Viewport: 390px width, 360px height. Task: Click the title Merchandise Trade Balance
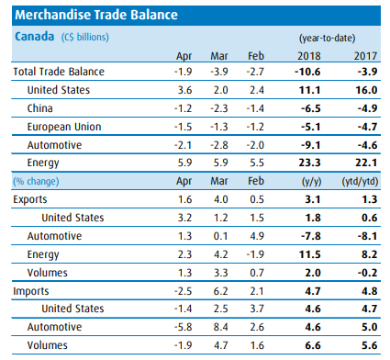coord(96,15)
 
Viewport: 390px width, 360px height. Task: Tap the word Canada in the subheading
coord(35,37)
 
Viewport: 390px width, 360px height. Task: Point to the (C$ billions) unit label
coord(85,38)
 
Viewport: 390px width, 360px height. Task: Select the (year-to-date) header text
coord(327,39)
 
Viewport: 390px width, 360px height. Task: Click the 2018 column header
coord(309,56)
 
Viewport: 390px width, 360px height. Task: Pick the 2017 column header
coord(365,56)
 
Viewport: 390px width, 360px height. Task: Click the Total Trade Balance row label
coord(59,72)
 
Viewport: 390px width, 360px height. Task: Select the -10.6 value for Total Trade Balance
coord(307,72)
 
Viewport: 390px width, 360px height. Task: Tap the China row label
coord(40,108)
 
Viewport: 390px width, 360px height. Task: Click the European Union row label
coord(64,127)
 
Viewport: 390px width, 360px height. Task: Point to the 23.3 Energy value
coord(309,163)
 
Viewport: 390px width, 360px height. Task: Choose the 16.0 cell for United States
coord(366,90)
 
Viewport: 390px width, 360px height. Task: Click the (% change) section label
coord(36,181)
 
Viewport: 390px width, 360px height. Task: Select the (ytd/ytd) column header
coord(360,182)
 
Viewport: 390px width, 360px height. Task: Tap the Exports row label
coord(30,199)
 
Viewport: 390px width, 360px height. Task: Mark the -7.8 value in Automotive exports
coord(311,236)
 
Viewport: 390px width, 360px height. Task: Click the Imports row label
coord(31,291)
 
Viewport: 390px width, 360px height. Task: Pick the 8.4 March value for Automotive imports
coord(220,327)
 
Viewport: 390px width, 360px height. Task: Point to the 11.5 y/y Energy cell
coord(309,254)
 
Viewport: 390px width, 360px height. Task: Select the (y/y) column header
coord(311,182)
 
